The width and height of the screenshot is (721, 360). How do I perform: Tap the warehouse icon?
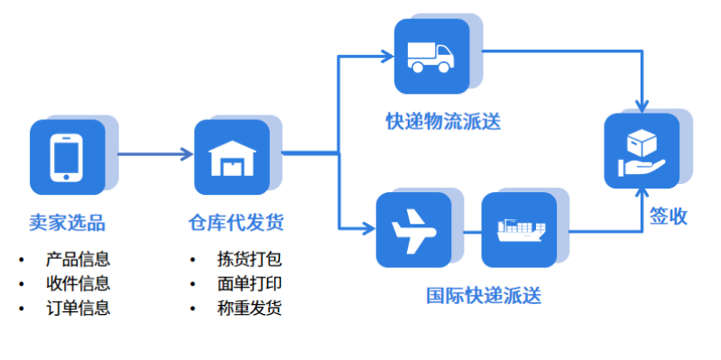point(231,158)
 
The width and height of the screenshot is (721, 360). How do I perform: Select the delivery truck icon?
point(431,57)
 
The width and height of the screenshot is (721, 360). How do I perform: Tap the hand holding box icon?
point(641,151)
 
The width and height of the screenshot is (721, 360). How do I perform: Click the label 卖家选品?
point(67,221)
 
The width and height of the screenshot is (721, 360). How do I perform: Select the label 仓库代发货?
point(230,221)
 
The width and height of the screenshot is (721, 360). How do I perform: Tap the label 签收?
point(669,216)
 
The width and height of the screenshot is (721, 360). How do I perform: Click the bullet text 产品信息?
point(78,260)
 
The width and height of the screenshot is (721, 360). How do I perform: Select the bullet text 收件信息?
point(78,284)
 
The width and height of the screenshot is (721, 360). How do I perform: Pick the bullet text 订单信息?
point(78,308)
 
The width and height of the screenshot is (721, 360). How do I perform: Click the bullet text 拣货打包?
point(250,260)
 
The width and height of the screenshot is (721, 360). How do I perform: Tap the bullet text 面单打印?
point(250,284)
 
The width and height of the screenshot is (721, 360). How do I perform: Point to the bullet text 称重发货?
point(250,308)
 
